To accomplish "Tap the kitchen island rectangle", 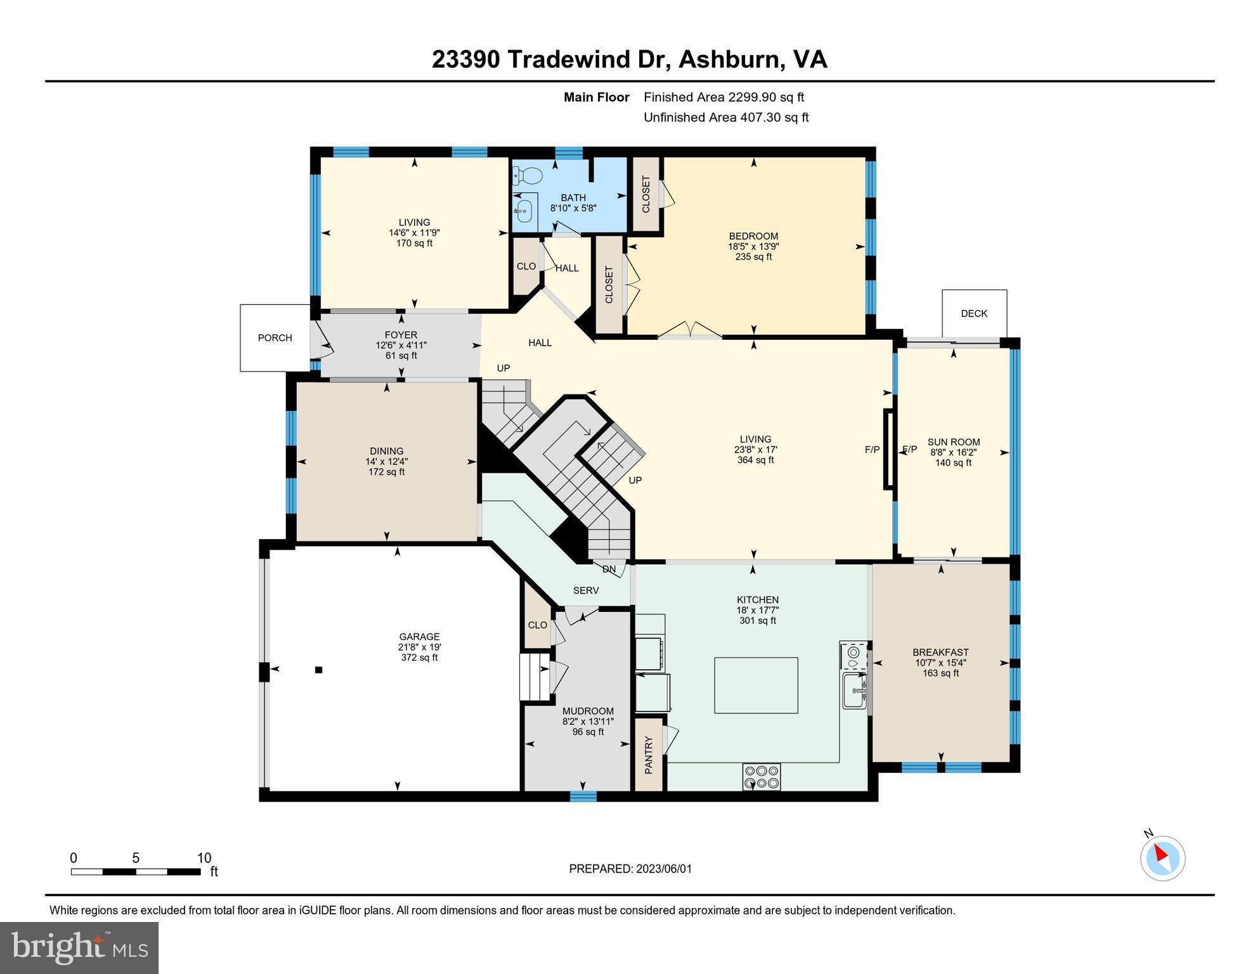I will click(x=756, y=685).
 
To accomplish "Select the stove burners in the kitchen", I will click(x=762, y=776).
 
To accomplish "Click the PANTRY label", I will click(x=649, y=755).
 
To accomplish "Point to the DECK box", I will click(x=974, y=313).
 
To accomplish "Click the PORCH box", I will click(x=275, y=338).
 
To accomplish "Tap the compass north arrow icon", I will click(x=1162, y=858).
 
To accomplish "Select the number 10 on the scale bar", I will click(x=204, y=858).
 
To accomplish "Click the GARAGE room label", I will click(x=419, y=637).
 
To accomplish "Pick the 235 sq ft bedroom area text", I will click(x=753, y=257).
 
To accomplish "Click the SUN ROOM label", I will click(x=953, y=442).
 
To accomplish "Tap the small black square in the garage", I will click(x=319, y=670).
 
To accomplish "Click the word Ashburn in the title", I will click(x=729, y=60).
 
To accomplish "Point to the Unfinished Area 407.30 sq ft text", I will click(x=725, y=117).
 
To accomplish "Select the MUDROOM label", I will click(x=588, y=711).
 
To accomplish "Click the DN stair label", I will click(x=609, y=569).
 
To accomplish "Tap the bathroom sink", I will click(x=524, y=209).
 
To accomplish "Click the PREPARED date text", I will click(x=630, y=869).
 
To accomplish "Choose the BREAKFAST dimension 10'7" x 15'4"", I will click(x=940, y=663).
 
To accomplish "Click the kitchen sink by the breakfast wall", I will click(x=855, y=691).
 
